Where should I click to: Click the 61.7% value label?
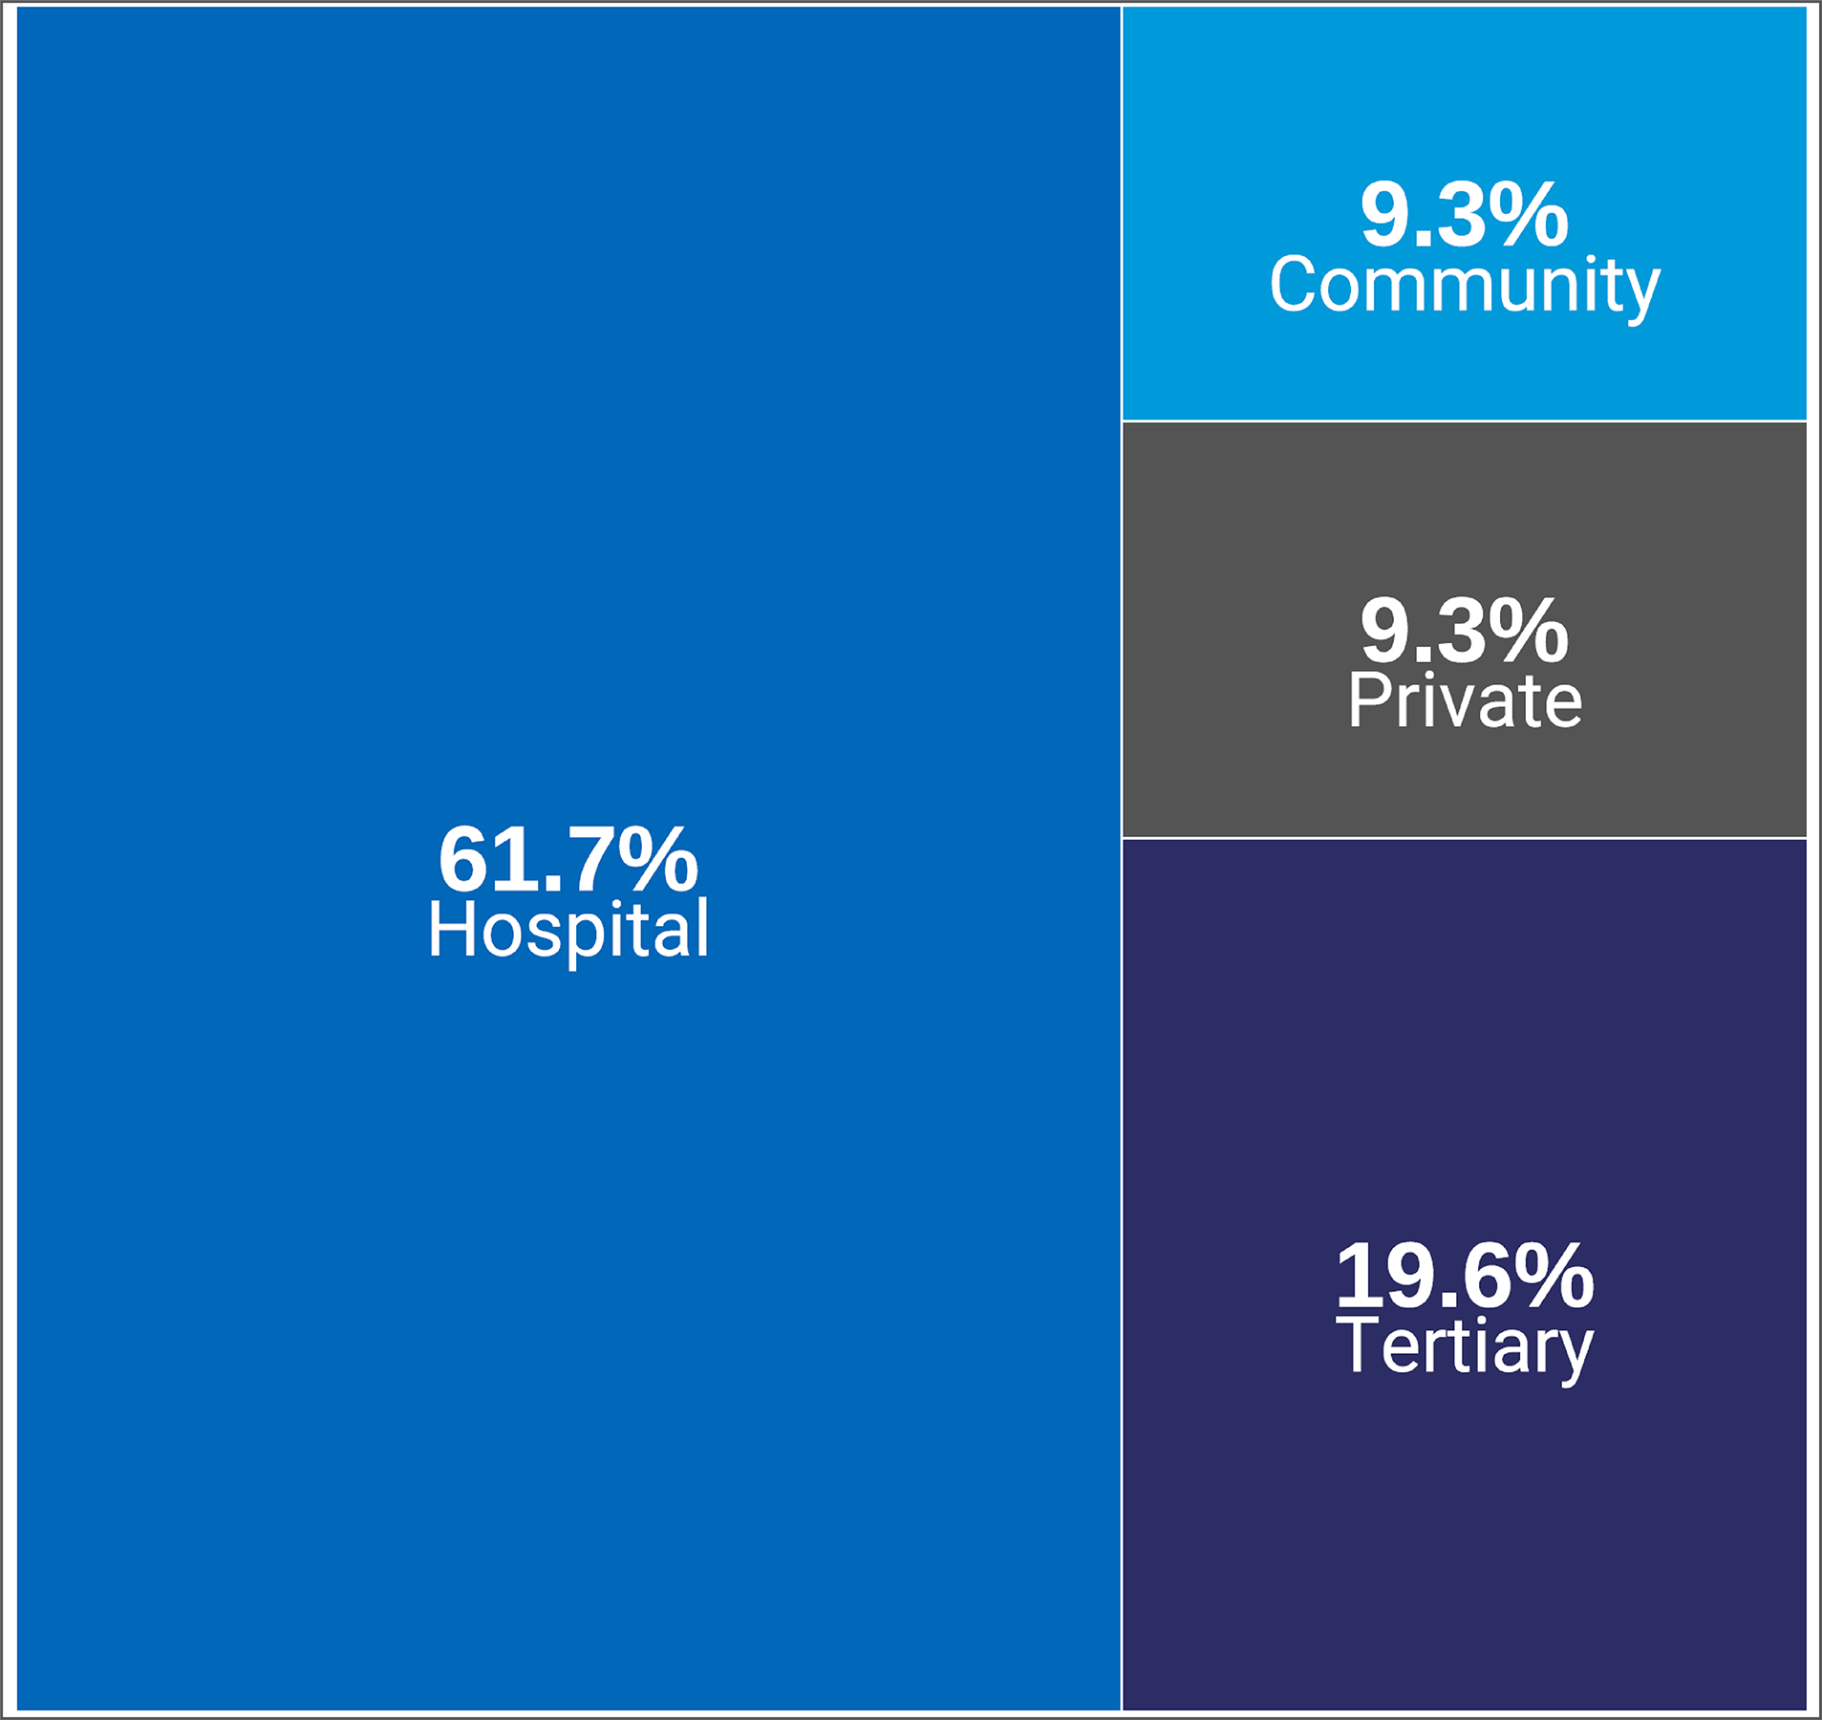pyautogui.click(x=568, y=859)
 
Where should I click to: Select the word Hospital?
pyautogui.click(x=568, y=930)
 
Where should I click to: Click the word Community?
pyautogui.click(x=1464, y=285)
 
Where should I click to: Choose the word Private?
pyautogui.click(x=1464, y=700)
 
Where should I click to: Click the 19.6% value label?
pyautogui.click(x=1464, y=1277)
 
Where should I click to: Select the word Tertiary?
pyautogui.click(x=1464, y=1347)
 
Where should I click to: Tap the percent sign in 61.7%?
pyautogui.click(x=657, y=859)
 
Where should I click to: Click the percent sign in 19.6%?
pyautogui.click(x=1554, y=1277)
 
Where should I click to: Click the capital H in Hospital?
pyautogui.click(x=451, y=929)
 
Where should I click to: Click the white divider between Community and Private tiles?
pyautogui.click(x=1464, y=420)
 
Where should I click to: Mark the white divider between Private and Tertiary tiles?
pyautogui.click(x=1464, y=838)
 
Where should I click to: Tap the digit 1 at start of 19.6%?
pyautogui.click(x=1355, y=1277)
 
